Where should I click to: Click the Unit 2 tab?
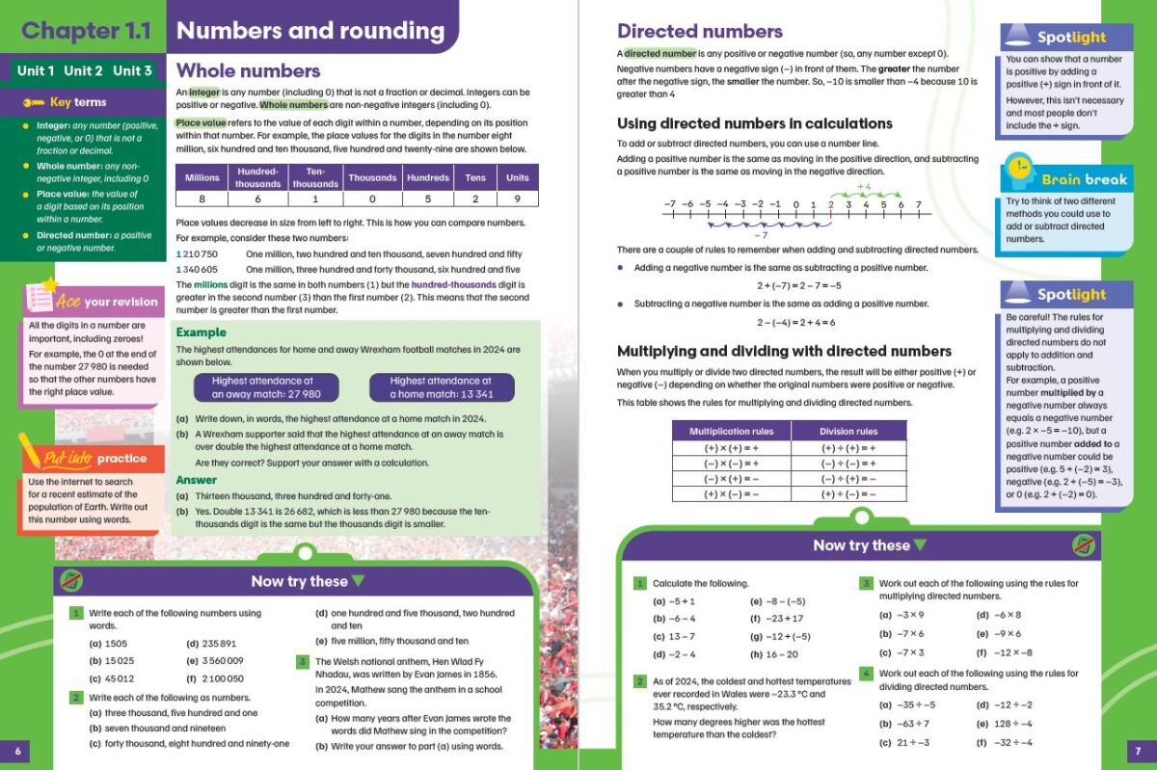[83, 70]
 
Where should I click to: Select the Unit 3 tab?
[132, 70]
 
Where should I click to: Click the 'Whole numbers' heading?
[248, 70]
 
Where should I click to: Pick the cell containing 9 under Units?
[518, 199]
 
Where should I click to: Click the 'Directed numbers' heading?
[699, 31]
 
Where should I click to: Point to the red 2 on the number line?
[830, 205]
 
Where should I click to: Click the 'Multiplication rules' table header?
[731, 431]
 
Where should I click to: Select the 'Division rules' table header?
[848, 431]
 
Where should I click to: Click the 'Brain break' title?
[1083, 179]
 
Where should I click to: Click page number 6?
[17, 750]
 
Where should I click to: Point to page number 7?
[1138, 750]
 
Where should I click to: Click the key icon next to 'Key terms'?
[35, 102]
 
